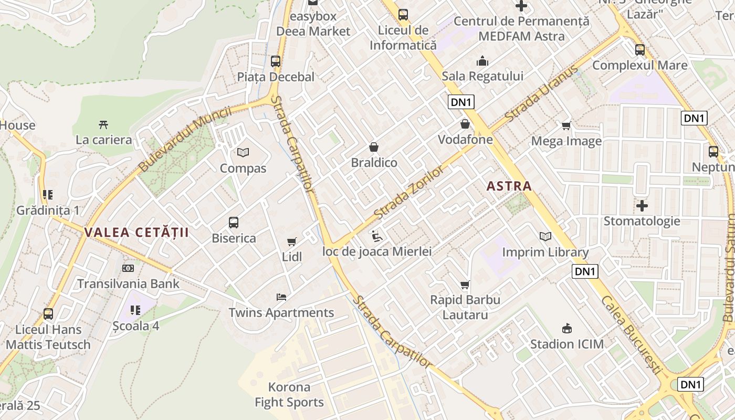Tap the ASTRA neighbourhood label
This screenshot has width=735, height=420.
point(509,186)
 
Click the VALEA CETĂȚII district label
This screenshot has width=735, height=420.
point(136,233)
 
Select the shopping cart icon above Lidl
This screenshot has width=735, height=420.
point(292,241)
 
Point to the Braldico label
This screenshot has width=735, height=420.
point(374,163)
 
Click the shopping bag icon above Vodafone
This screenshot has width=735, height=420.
point(465,124)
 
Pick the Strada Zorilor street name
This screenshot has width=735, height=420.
point(410,193)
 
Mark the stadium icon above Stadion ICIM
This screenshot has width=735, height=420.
point(566,329)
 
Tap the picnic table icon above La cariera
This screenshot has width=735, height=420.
point(103,125)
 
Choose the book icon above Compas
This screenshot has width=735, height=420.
point(243,153)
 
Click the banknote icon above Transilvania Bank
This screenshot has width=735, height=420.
point(128,268)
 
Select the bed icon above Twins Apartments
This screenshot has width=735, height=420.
point(281,297)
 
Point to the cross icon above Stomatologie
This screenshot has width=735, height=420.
point(642,205)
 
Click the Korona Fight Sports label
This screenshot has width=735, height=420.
point(289,395)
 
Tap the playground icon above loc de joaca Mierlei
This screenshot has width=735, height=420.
point(376,236)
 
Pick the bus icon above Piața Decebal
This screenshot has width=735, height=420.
point(276,61)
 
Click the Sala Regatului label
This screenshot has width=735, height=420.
point(482,76)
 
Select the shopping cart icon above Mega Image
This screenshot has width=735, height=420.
point(566,125)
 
